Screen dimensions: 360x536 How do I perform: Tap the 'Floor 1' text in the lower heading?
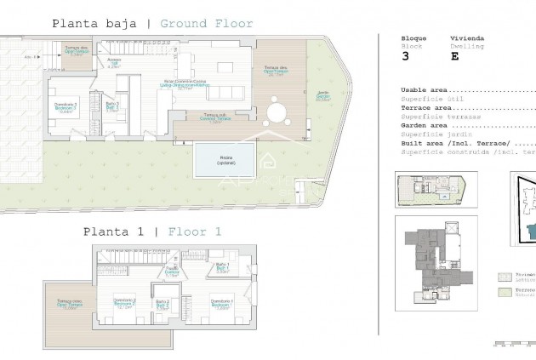click(195, 231)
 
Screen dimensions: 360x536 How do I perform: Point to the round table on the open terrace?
click(277, 113)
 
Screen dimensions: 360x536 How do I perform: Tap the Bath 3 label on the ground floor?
click(112, 106)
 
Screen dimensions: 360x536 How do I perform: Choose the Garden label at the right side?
click(322, 95)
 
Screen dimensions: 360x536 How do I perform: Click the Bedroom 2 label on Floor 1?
click(124, 303)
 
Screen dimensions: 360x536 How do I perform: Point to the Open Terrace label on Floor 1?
click(70, 304)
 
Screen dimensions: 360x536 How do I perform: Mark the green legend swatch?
click(504, 292)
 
